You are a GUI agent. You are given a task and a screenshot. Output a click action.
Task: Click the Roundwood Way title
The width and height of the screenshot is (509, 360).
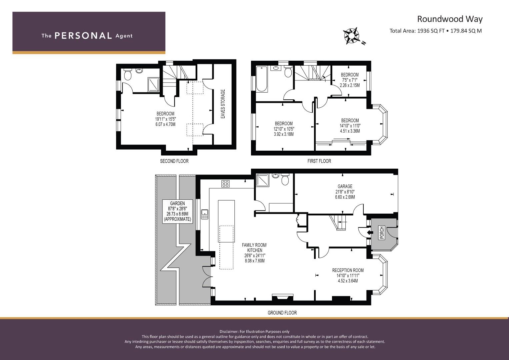pyautogui.click(x=450, y=19)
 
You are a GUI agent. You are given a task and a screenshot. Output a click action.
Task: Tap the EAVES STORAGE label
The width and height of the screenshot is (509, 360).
pyautogui.click(x=223, y=104)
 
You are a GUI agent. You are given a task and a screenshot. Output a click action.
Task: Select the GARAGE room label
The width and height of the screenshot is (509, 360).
pyautogui.click(x=345, y=186)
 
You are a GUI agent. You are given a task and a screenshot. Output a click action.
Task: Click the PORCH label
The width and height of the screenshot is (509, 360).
pyautogui.click(x=382, y=232)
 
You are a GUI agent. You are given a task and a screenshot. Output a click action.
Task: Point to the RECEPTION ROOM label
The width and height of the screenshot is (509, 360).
pyautogui.click(x=348, y=270)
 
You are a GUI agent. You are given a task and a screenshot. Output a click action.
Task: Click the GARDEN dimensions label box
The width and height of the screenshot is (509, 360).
pyautogui.click(x=177, y=211)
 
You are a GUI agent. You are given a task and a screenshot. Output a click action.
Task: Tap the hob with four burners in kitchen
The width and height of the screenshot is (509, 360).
pyautogui.click(x=225, y=184)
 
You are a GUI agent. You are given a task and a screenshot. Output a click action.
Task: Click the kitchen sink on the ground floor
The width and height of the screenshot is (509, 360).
pyautogui.click(x=205, y=214)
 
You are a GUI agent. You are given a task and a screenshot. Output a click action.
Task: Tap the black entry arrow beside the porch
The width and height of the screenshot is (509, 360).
pyautogui.click(x=369, y=232)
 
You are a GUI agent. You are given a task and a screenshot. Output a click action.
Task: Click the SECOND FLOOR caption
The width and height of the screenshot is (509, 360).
pyautogui.click(x=174, y=161)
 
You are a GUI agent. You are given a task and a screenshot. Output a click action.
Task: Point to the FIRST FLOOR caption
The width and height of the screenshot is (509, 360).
pyautogui.click(x=319, y=161)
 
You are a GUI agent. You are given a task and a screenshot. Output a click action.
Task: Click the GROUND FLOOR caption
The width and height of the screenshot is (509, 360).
pyautogui.click(x=282, y=313)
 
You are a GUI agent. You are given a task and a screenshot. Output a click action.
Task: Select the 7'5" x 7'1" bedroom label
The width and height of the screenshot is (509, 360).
pyautogui.click(x=349, y=80)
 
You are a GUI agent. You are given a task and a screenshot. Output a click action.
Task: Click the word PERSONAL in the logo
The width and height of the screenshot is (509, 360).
pyautogui.click(x=83, y=36)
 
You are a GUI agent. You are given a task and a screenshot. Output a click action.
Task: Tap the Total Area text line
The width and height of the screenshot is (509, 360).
pyautogui.click(x=435, y=31)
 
